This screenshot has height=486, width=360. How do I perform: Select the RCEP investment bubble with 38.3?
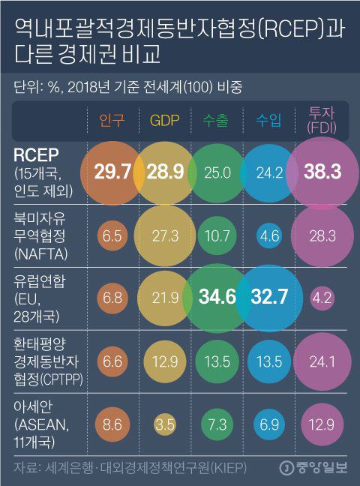pyautogui.click(x=323, y=172)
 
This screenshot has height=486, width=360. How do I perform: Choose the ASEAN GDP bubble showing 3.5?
pyautogui.click(x=164, y=424)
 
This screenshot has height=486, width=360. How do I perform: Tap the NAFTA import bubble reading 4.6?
pyautogui.click(x=269, y=235)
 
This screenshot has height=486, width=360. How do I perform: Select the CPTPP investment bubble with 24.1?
pyautogui.click(x=322, y=361)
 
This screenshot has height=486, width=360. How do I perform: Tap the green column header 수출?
pyautogui.click(x=217, y=120)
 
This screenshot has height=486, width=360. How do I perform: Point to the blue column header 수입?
pyautogui.click(x=269, y=120)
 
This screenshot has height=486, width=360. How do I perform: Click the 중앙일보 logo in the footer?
pyautogui.click(x=314, y=469)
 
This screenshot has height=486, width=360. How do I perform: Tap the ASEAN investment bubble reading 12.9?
pyautogui.click(x=322, y=424)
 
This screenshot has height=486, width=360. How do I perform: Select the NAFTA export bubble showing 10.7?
pyautogui.click(x=217, y=235)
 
